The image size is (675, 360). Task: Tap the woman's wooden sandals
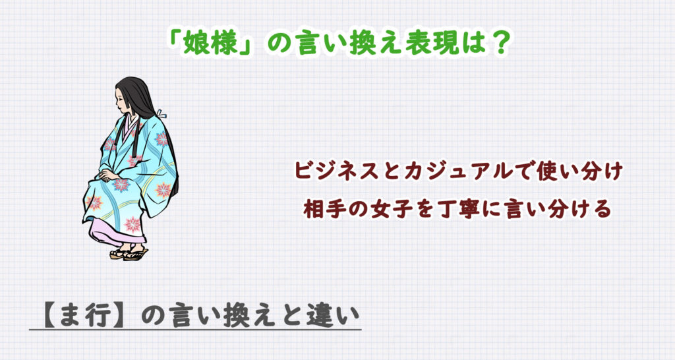pyautogui.click(x=129, y=253)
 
